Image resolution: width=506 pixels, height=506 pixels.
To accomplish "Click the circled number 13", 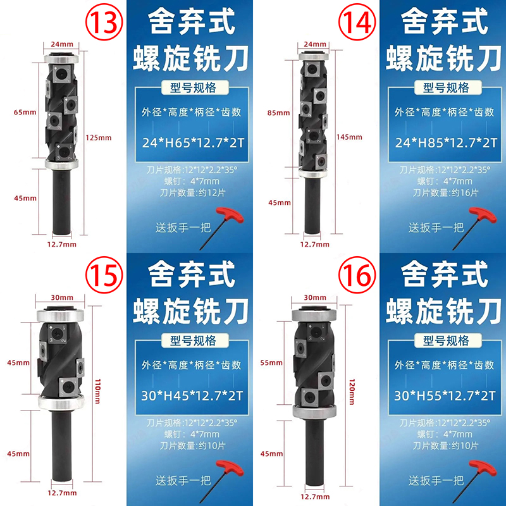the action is (104, 22).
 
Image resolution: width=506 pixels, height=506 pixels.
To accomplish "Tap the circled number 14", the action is (357, 22).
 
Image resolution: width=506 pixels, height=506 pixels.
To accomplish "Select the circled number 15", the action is (104, 275).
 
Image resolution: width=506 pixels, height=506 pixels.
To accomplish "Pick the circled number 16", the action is (357, 275).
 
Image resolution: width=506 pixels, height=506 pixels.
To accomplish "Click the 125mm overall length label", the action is (99, 138).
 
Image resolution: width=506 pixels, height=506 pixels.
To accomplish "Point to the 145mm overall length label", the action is (349, 137).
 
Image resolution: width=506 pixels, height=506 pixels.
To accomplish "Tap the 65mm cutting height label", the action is (25, 113).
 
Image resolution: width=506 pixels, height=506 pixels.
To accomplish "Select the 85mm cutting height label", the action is (278, 113).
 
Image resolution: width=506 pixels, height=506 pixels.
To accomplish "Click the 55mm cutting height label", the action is (271, 362).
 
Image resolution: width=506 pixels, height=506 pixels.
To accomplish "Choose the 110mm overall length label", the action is (97, 392).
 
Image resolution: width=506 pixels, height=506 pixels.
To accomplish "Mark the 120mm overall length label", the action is (352, 392).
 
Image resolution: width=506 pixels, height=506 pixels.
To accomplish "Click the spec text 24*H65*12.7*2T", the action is (193, 143).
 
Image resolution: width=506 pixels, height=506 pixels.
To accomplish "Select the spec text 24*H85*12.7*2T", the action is (446, 143).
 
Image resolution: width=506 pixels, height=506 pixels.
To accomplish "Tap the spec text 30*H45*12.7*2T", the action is (192, 396).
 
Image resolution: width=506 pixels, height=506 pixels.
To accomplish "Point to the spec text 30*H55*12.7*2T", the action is (445, 396).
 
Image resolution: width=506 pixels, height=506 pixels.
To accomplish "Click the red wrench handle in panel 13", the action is (230, 215).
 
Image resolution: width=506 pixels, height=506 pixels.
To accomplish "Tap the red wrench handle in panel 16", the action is (483, 468).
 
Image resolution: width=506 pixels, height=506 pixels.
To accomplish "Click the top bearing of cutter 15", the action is (60, 314).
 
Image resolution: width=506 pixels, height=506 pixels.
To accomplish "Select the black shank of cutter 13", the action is (61, 202).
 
